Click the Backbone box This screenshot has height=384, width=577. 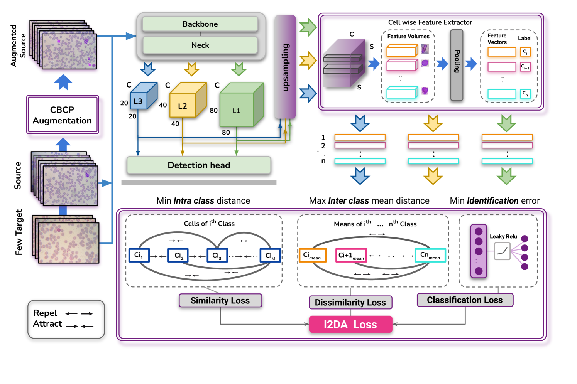click(200, 24)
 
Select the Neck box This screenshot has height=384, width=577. click(200, 45)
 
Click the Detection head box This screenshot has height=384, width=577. click(199, 165)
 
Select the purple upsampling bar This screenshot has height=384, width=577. click(285, 67)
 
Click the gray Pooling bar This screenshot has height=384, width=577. click(457, 65)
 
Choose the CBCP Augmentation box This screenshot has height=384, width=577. click(63, 115)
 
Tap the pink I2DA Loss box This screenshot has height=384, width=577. click(350, 325)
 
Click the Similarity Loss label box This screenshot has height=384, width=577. click(220, 301)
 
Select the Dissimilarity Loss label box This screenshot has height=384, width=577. click(350, 303)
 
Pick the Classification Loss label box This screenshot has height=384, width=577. click(465, 300)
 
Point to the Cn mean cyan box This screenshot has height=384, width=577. click(430, 255)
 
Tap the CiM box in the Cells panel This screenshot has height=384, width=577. click(270, 256)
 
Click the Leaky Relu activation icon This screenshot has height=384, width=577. click(502, 251)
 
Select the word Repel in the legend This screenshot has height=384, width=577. click(45, 313)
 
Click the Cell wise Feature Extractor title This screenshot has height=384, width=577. click(430, 22)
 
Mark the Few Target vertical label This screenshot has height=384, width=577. click(19, 232)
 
